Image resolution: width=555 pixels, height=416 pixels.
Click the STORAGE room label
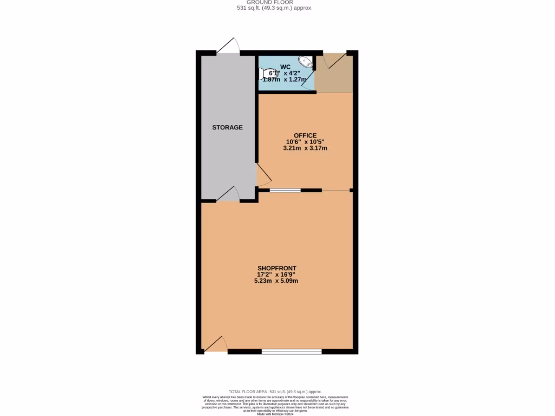coord(227,127)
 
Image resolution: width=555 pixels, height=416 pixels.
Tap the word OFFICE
coord(305,135)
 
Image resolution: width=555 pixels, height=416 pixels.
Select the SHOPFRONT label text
coord(277,268)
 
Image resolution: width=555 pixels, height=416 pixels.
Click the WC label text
coord(285,67)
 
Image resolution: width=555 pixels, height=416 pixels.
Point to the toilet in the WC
coord(268,74)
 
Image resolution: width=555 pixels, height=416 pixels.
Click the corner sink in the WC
coord(306,62)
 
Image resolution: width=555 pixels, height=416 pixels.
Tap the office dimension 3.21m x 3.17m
coord(305,148)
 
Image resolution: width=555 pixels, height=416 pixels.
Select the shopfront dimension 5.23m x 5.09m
coord(277,281)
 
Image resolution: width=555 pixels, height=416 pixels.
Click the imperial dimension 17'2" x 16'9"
coord(277,275)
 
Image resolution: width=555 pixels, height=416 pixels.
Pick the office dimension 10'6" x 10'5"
coord(305,142)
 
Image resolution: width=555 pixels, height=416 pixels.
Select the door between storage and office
coord(263,176)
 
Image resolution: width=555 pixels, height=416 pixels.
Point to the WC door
coord(308,82)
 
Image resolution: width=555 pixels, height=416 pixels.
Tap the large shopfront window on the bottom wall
coord(292,352)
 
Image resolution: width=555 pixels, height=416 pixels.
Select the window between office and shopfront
coord(286,190)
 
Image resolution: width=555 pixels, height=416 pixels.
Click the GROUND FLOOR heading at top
coord(277,2)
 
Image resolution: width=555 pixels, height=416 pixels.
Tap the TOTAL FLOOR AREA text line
coord(275,392)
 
